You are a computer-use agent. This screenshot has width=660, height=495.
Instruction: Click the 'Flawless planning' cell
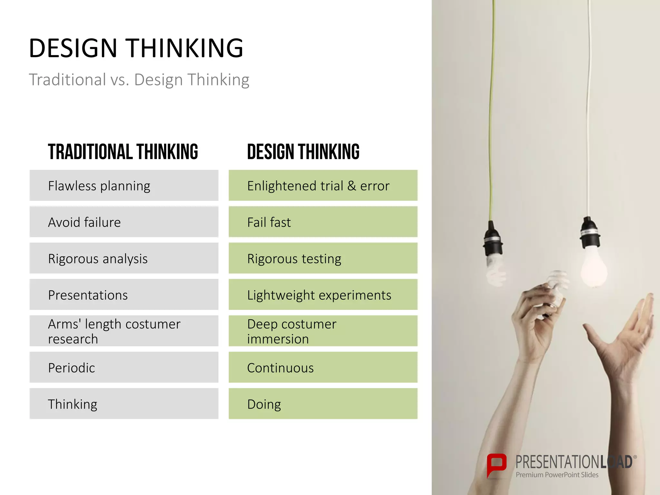(x=124, y=186)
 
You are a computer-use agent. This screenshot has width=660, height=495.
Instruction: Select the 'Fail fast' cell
(x=323, y=222)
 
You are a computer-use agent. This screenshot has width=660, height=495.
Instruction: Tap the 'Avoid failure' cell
(x=124, y=222)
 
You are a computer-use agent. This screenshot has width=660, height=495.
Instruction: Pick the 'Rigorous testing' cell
(x=323, y=258)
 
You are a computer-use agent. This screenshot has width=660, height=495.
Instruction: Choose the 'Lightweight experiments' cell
(x=323, y=295)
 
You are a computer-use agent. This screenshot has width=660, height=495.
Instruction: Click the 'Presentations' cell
(x=124, y=295)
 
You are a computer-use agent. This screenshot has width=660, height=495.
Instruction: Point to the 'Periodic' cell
(x=124, y=367)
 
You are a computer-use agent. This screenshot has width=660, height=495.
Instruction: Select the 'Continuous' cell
(x=323, y=367)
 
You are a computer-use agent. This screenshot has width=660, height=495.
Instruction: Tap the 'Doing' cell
(x=323, y=404)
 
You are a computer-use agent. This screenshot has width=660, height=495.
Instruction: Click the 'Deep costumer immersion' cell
(x=323, y=331)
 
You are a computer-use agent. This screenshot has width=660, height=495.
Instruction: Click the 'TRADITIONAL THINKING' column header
(x=123, y=152)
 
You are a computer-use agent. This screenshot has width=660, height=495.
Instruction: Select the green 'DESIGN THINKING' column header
(x=303, y=152)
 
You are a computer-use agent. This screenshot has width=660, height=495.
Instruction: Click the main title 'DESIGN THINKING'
(x=136, y=48)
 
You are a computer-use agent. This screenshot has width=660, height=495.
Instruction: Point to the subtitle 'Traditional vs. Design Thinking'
(x=139, y=80)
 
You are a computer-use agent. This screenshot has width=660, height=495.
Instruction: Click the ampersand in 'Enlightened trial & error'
(x=352, y=186)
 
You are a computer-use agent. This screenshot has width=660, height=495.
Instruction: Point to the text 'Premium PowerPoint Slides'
(x=557, y=475)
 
